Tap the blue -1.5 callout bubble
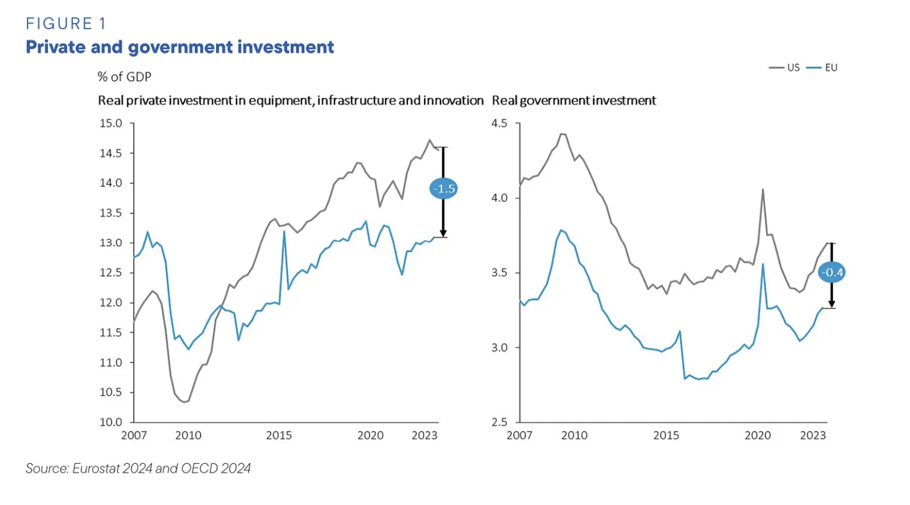pos(444,189)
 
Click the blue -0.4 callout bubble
pos(832,273)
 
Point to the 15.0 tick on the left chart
pos(110,124)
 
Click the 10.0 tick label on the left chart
pos(110,422)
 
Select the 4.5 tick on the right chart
pos(499,124)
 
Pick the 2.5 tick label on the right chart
pos(499,422)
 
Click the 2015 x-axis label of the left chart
pos(279,436)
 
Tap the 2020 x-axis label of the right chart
pos(757,436)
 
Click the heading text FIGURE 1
pos(66,24)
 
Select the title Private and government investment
pos(180,47)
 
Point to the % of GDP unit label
pos(124,77)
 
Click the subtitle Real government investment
pos(574,100)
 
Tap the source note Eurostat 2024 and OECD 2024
pos(138,469)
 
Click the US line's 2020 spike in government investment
pos(763,190)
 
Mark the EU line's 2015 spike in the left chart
pos(284,232)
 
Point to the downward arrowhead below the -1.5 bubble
pos(444,233)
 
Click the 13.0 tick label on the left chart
pos(110,243)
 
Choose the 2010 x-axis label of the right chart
pos(574,436)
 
